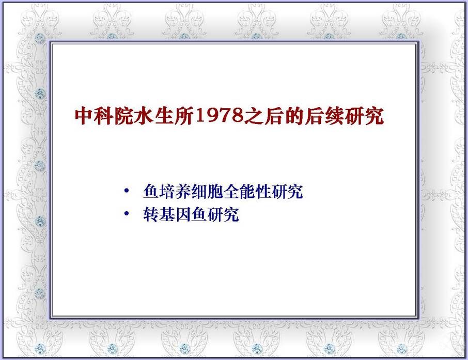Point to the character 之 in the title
point(254,116)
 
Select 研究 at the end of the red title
point(365,116)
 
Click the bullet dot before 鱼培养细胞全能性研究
point(127,190)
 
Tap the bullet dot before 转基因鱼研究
point(127,213)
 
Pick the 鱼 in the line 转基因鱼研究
point(199,215)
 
